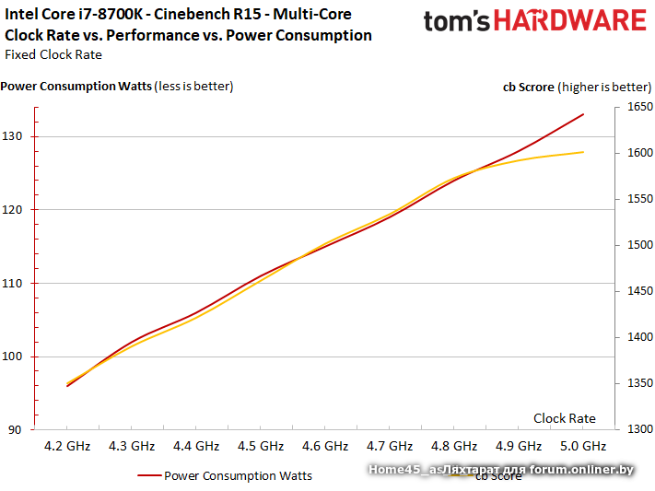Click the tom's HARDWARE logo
[534, 22]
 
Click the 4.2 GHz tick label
[67, 446]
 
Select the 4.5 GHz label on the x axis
[261, 446]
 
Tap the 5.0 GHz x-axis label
[583, 446]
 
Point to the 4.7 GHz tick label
[390, 446]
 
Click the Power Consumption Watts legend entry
[238, 476]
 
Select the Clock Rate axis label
[564, 418]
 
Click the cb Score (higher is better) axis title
[576, 87]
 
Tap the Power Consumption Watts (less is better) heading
[117, 87]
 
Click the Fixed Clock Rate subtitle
[53, 54]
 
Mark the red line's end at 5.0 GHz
[583, 115]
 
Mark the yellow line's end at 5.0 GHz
[583, 152]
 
